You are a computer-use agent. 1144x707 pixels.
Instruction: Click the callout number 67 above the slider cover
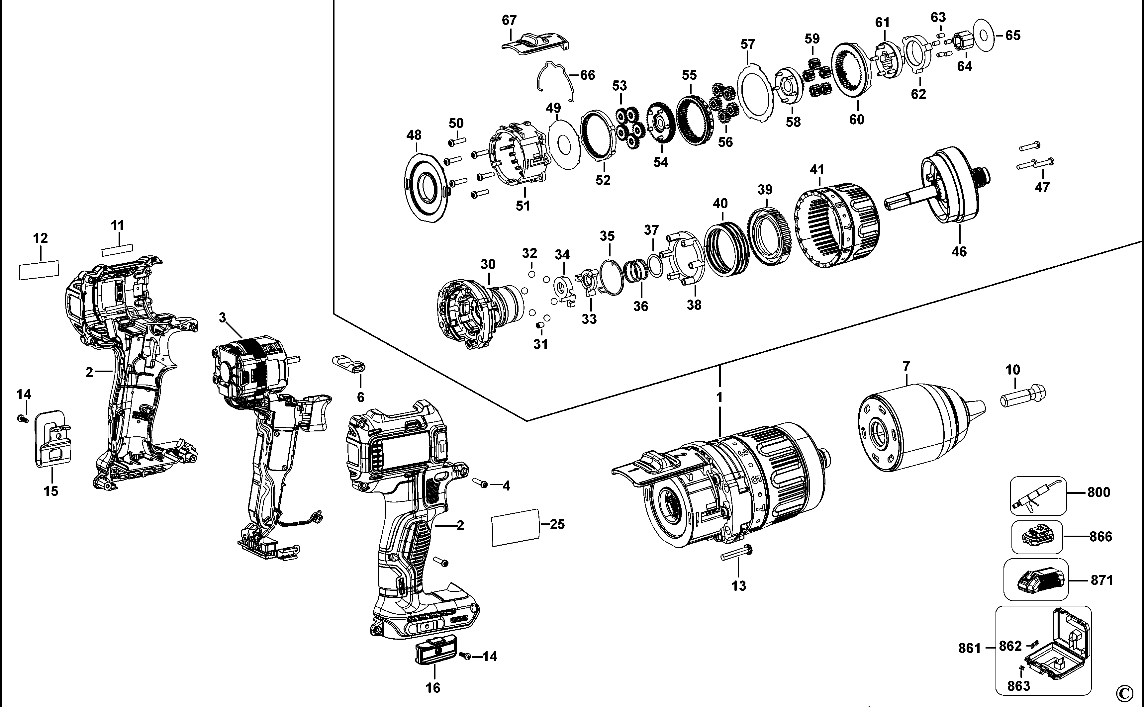509,20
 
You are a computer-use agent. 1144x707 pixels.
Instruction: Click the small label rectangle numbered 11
117,250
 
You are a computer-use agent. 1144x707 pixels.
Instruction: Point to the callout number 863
1018,686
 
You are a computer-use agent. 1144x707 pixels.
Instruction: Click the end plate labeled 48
426,187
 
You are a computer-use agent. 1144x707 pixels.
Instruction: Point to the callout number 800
1098,492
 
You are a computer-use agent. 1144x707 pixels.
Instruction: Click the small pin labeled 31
540,324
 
